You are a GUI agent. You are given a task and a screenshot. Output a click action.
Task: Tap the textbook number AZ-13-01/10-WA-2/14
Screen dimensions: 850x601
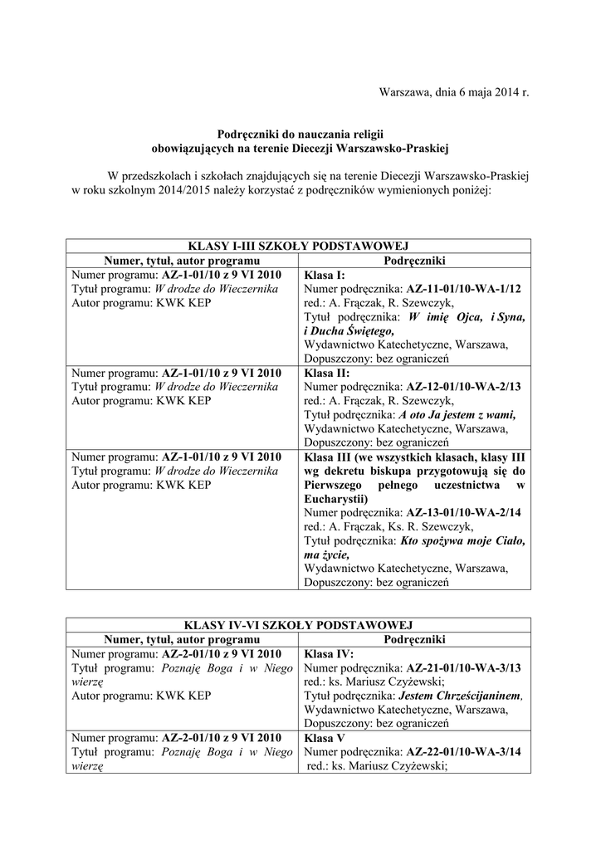coord(463,513)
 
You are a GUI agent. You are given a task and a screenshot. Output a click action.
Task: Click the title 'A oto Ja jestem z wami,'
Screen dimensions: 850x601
coord(457,415)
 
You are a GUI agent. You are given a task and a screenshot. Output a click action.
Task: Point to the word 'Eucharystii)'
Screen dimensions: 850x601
coord(337,499)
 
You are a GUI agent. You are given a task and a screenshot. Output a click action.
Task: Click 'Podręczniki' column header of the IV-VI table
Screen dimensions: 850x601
coord(415,639)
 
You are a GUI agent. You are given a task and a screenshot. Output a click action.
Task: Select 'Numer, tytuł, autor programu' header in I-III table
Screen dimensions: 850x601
coord(182,261)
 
